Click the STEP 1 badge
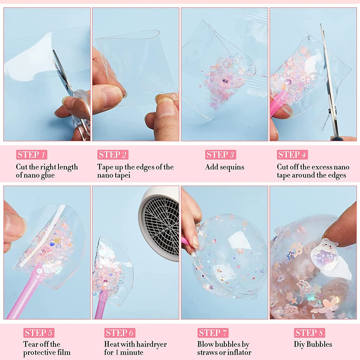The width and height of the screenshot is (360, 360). pyautogui.click(x=32, y=155)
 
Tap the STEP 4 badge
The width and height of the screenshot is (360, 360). pyautogui.click(x=292, y=155)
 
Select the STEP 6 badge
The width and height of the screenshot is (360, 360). pyautogui.click(x=120, y=333)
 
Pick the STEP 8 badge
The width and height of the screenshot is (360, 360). pyautogui.click(x=309, y=333)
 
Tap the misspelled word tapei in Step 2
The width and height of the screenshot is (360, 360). pyautogui.click(x=122, y=175)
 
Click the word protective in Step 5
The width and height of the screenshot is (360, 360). pyautogui.click(x=38, y=353)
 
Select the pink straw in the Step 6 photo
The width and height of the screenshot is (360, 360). pyautogui.click(x=101, y=304)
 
